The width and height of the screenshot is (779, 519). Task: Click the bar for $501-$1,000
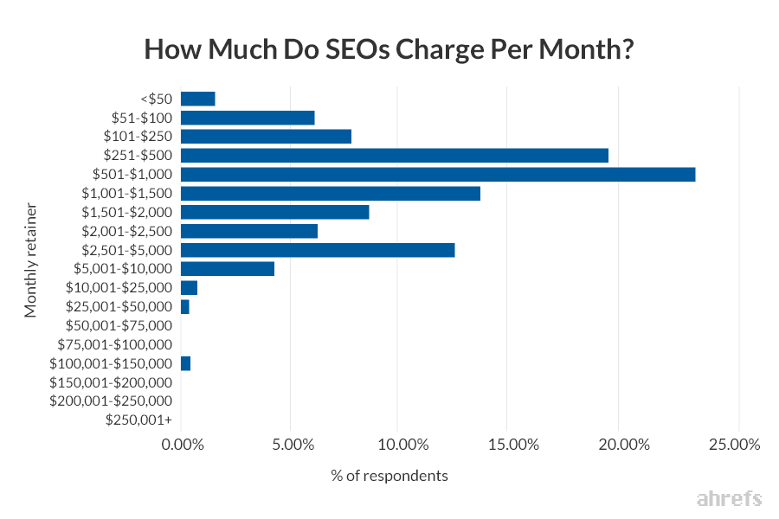(x=437, y=175)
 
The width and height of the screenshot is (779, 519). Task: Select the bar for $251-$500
(x=394, y=156)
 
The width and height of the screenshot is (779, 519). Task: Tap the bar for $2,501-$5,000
(x=317, y=250)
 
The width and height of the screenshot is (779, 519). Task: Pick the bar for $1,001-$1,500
(x=330, y=194)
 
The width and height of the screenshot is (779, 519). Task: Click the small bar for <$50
(x=197, y=99)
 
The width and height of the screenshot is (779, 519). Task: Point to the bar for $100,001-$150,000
(x=185, y=363)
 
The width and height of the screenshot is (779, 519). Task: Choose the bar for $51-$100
(x=247, y=118)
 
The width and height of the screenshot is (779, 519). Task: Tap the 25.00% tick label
(x=734, y=445)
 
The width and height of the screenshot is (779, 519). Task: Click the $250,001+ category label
(x=138, y=420)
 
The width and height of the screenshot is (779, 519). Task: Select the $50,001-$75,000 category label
(x=119, y=325)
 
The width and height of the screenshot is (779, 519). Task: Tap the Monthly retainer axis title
(x=31, y=260)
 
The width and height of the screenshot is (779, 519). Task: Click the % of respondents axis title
(x=389, y=476)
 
